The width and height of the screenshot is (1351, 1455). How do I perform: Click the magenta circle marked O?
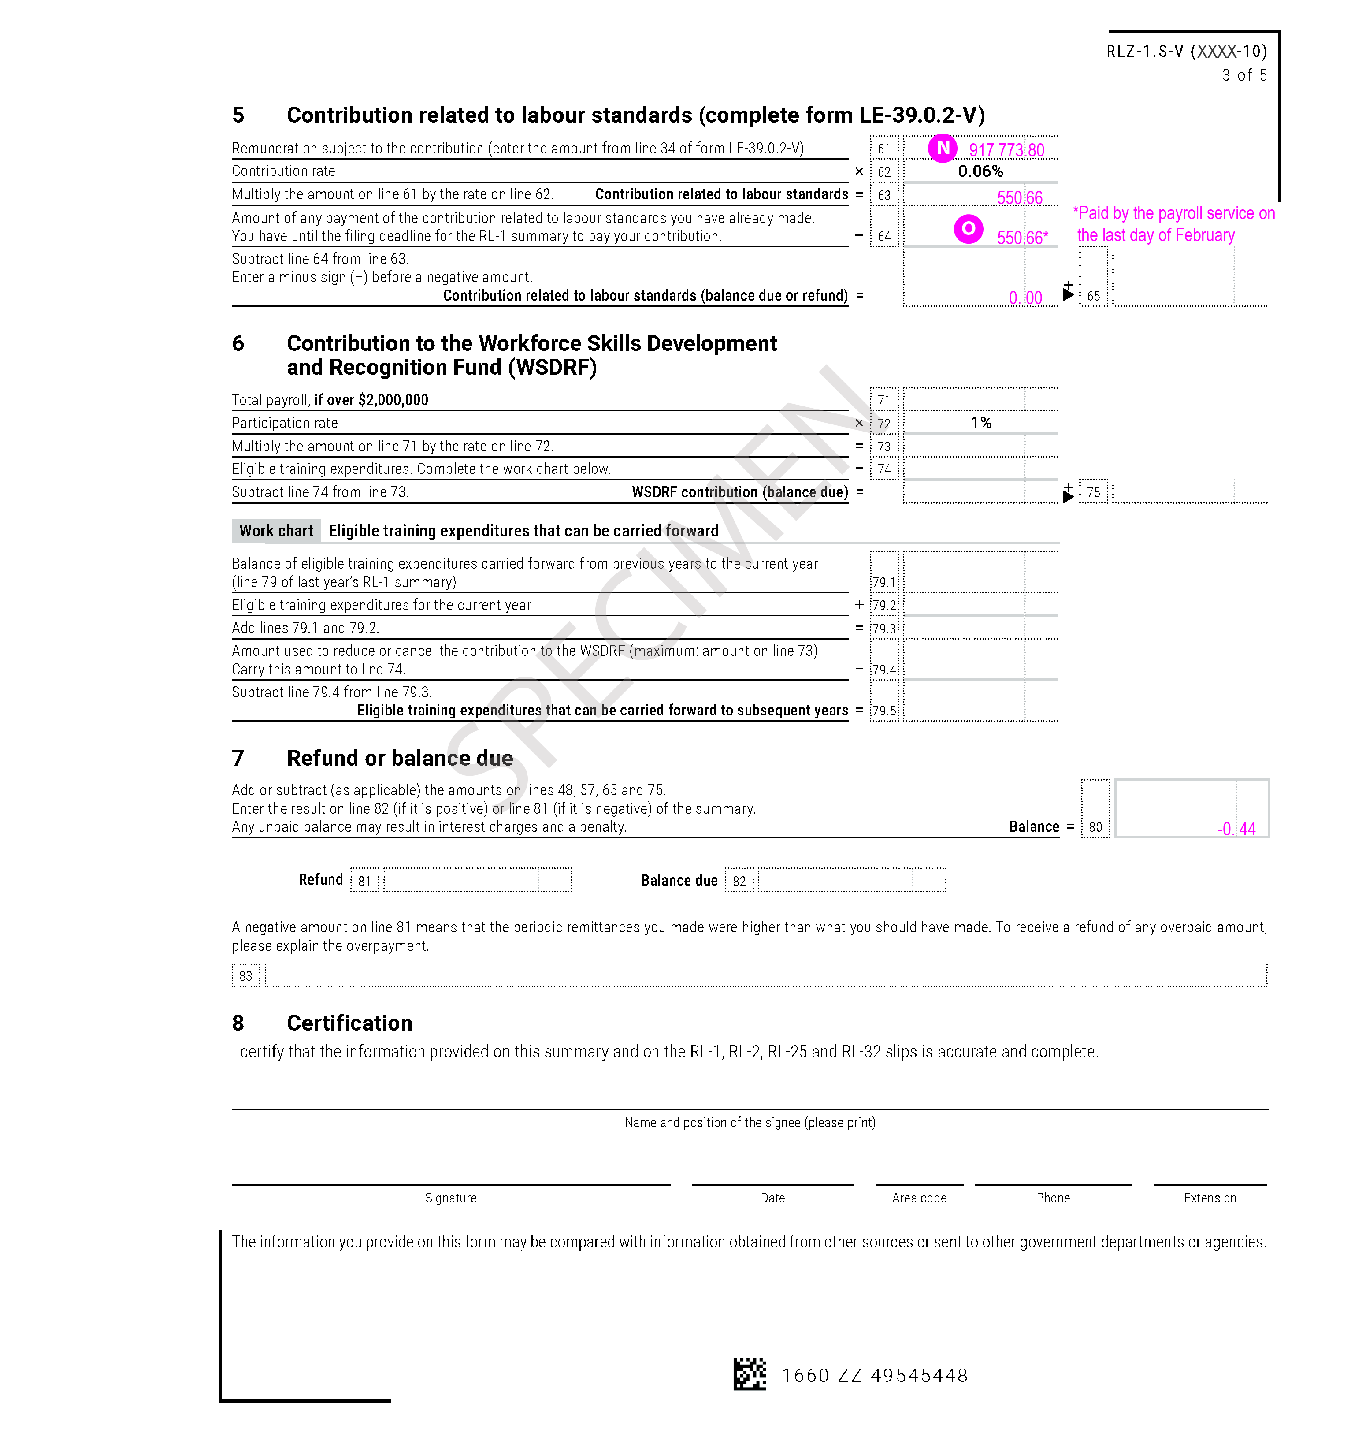click(968, 229)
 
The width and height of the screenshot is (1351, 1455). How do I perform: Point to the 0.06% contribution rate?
click(980, 171)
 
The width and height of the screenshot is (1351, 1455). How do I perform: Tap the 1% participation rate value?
click(980, 423)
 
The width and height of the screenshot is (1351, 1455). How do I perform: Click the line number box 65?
click(1093, 295)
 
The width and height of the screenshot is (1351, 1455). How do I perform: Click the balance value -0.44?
click(1236, 828)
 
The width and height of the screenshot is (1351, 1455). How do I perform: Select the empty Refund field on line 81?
click(477, 880)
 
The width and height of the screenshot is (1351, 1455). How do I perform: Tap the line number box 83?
click(245, 975)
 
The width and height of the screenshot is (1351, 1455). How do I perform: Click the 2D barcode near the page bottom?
click(750, 1374)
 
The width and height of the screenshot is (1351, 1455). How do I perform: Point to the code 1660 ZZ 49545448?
click(874, 1375)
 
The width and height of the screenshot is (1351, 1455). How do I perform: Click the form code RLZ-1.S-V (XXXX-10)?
click(1186, 51)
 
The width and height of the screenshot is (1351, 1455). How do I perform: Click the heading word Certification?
click(349, 1023)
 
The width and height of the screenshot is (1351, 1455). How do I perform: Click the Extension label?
click(1210, 1198)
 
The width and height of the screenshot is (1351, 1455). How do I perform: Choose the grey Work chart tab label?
click(275, 531)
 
